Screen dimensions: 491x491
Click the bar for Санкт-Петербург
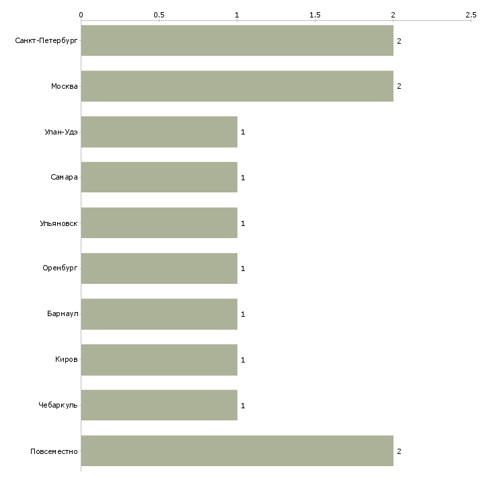tap(237, 40)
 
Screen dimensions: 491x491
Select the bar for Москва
tap(237, 86)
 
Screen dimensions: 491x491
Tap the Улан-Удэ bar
tap(159, 132)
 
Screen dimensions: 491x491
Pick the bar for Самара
tap(159, 178)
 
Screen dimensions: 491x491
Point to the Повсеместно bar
tap(237, 451)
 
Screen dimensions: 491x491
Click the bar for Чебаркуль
tap(159, 405)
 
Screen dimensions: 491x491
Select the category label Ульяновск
tap(59, 223)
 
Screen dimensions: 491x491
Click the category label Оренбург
tap(60, 268)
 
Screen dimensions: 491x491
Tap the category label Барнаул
tap(63, 313)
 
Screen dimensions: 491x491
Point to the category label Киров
tap(67, 359)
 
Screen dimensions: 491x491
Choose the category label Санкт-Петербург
tap(46, 41)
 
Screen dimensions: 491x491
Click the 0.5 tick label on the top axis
tap(159, 15)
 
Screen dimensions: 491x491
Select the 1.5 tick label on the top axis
tap(315, 15)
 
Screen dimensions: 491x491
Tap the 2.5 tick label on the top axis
tap(471, 15)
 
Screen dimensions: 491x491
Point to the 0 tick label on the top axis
tap(81, 15)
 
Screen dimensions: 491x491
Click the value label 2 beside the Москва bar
tap(399, 86)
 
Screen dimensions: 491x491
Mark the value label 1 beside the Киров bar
tap(243, 360)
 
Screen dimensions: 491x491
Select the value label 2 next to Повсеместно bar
tap(399, 451)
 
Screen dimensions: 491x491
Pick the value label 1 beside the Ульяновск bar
tap(243, 223)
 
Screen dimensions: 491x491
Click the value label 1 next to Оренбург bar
tap(243, 268)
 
